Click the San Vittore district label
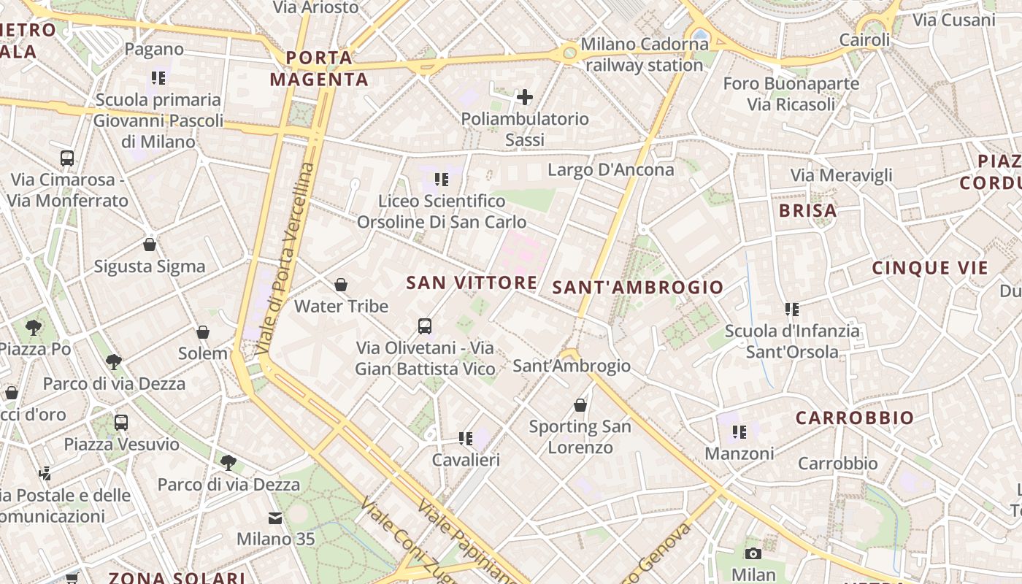(472, 283)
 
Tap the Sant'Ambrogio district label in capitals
(637, 287)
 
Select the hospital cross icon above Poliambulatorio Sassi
(524, 96)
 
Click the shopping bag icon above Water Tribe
(340, 285)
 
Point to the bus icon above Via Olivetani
(425, 326)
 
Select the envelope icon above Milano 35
(275, 518)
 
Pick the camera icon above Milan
(753, 553)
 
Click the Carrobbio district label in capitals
(854, 418)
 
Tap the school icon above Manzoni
(739, 432)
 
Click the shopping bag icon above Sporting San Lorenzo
(580, 404)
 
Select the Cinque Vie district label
(930, 268)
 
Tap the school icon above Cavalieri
(465, 438)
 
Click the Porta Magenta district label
(319, 68)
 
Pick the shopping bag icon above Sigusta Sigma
(150, 245)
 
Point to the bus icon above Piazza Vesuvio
(121, 422)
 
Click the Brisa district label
(807, 211)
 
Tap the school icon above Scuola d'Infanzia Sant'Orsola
(792, 310)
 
